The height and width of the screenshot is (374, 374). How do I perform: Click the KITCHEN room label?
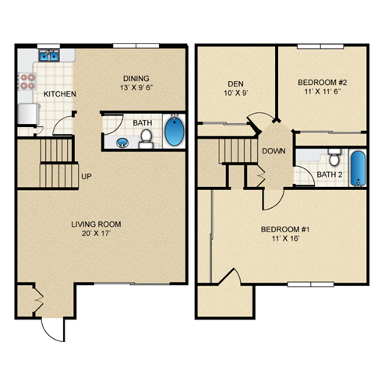point(60,94)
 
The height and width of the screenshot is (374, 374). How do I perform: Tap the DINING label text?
point(137,78)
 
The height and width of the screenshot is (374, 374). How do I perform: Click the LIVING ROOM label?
point(97,225)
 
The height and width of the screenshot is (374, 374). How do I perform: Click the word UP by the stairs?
point(86,176)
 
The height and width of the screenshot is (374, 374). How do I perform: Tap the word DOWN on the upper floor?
point(273,151)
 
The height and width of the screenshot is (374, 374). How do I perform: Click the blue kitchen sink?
point(50,55)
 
